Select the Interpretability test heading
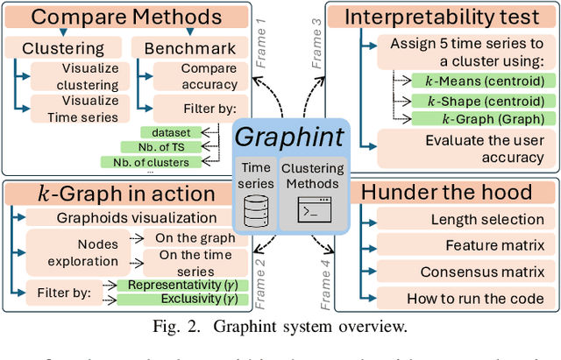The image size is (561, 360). point(442,17)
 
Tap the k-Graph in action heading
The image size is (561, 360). point(125,194)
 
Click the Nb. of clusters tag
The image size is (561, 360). point(146,161)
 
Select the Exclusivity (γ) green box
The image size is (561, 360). point(183,300)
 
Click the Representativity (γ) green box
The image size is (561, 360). point(183,285)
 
